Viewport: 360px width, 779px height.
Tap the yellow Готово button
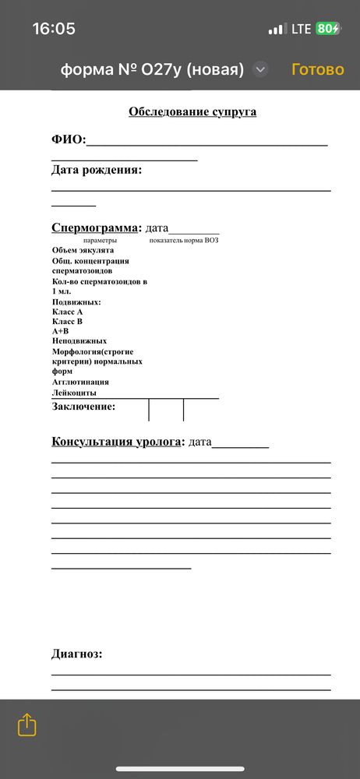coord(317,69)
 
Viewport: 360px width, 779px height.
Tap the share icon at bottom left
coord(26,724)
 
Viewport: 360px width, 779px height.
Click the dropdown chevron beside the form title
coord(261,69)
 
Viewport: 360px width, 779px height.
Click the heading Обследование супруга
coord(192,111)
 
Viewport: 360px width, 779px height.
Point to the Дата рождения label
coord(97,170)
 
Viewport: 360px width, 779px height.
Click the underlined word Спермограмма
coord(94,228)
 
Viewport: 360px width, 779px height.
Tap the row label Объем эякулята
coord(83,250)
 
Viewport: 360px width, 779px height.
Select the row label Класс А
coord(67,312)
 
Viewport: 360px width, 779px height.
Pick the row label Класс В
coord(67,321)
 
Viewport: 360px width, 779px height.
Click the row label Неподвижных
coord(79,341)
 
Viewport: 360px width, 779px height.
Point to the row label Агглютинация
coord(80,382)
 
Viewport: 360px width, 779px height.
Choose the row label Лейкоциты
coord(74,393)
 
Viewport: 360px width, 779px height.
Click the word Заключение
coord(83,407)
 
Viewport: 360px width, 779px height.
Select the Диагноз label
coord(76,654)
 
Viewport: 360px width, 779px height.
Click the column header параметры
coord(99,241)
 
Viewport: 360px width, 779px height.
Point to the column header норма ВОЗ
coord(202,241)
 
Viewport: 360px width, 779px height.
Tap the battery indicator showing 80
coord(327,29)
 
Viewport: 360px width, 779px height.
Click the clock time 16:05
coord(54,29)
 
